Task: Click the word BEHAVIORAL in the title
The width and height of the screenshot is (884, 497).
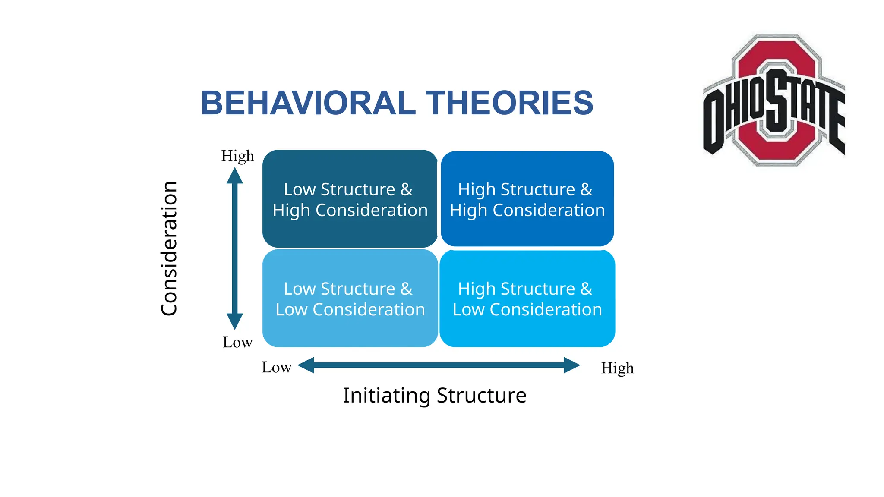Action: click(308, 103)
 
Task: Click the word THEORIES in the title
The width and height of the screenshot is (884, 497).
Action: click(509, 103)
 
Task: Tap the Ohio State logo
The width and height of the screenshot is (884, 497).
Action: click(774, 100)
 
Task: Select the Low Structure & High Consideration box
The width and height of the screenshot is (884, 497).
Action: click(350, 199)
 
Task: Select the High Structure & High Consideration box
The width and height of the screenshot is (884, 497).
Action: click(527, 199)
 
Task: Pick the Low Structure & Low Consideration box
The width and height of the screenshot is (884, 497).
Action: click(350, 299)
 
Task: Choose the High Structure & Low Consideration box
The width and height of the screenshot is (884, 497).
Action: click(527, 299)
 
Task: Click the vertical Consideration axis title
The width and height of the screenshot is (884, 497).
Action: click(169, 248)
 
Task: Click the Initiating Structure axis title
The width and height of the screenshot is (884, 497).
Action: click(434, 395)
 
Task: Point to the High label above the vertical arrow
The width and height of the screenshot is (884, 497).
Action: click(237, 156)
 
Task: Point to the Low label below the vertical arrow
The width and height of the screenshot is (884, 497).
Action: click(237, 342)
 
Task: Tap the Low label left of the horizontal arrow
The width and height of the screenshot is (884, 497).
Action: click(277, 367)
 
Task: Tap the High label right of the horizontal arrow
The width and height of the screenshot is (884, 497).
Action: click(617, 368)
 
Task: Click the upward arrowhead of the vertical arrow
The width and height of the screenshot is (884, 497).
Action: click(235, 176)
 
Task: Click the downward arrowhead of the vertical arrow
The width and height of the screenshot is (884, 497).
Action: click(235, 321)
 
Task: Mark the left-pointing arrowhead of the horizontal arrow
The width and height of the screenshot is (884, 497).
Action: click(306, 365)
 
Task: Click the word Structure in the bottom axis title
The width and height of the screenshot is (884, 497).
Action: click(481, 395)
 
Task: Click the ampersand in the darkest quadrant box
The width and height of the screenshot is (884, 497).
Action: click(406, 189)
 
